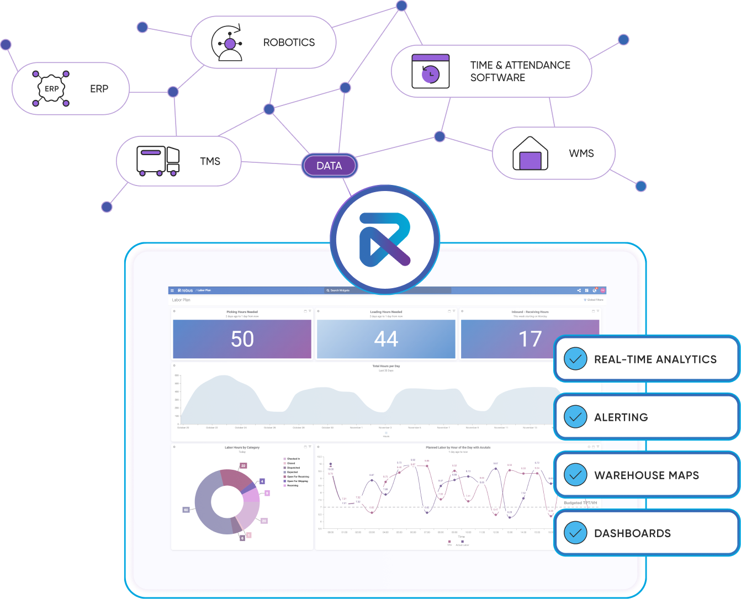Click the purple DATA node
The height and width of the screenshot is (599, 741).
(x=329, y=166)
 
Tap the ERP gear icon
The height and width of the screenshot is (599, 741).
(x=51, y=88)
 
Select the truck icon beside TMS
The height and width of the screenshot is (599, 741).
(x=158, y=161)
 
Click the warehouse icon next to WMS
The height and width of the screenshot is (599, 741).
(x=530, y=153)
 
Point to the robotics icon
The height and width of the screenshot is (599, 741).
(x=230, y=42)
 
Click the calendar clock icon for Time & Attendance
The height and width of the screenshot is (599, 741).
(x=431, y=72)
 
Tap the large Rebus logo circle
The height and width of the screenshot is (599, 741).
(x=385, y=240)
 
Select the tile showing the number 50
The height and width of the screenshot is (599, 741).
(x=242, y=339)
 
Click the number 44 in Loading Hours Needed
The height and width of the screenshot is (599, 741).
(x=386, y=339)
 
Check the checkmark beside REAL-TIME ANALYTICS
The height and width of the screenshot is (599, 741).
(x=575, y=359)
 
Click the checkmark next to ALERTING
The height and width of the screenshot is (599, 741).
(x=575, y=417)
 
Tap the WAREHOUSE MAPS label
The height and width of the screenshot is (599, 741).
(x=647, y=475)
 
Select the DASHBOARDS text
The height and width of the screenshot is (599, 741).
(x=632, y=533)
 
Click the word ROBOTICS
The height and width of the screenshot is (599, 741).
(x=289, y=43)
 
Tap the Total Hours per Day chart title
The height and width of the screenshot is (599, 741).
(x=386, y=366)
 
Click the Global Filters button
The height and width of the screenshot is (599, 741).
(x=594, y=300)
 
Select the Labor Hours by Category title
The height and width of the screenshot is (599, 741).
(x=242, y=448)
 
